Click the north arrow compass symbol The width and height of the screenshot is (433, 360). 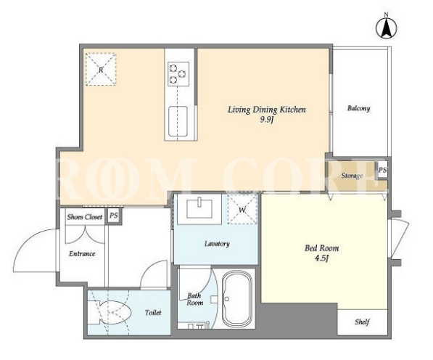(387, 27)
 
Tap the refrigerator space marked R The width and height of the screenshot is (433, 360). (101, 70)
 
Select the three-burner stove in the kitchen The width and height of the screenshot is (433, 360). (178, 74)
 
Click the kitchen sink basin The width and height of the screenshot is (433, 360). (178, 121)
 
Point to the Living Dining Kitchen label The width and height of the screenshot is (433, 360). (267, 110)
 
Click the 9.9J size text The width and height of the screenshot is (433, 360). (266, 120)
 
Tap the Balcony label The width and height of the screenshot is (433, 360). (359, 108)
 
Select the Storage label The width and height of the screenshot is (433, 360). (352, 176)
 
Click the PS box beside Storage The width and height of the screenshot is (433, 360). (382, 171)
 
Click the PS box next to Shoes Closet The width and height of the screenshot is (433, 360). (114, 216)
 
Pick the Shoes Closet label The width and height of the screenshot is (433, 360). (85, 217)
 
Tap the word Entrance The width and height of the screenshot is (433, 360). (82, 254)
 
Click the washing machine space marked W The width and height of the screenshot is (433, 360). (242, 210)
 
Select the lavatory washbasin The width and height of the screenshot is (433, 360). (199, 209)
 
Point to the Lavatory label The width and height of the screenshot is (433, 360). (217, 244)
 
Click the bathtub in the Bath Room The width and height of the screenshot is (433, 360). (237, 299)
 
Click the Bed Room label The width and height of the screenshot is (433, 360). (322, 248)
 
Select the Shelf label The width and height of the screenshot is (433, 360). (362, 322)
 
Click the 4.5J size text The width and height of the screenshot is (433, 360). (322, 258)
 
